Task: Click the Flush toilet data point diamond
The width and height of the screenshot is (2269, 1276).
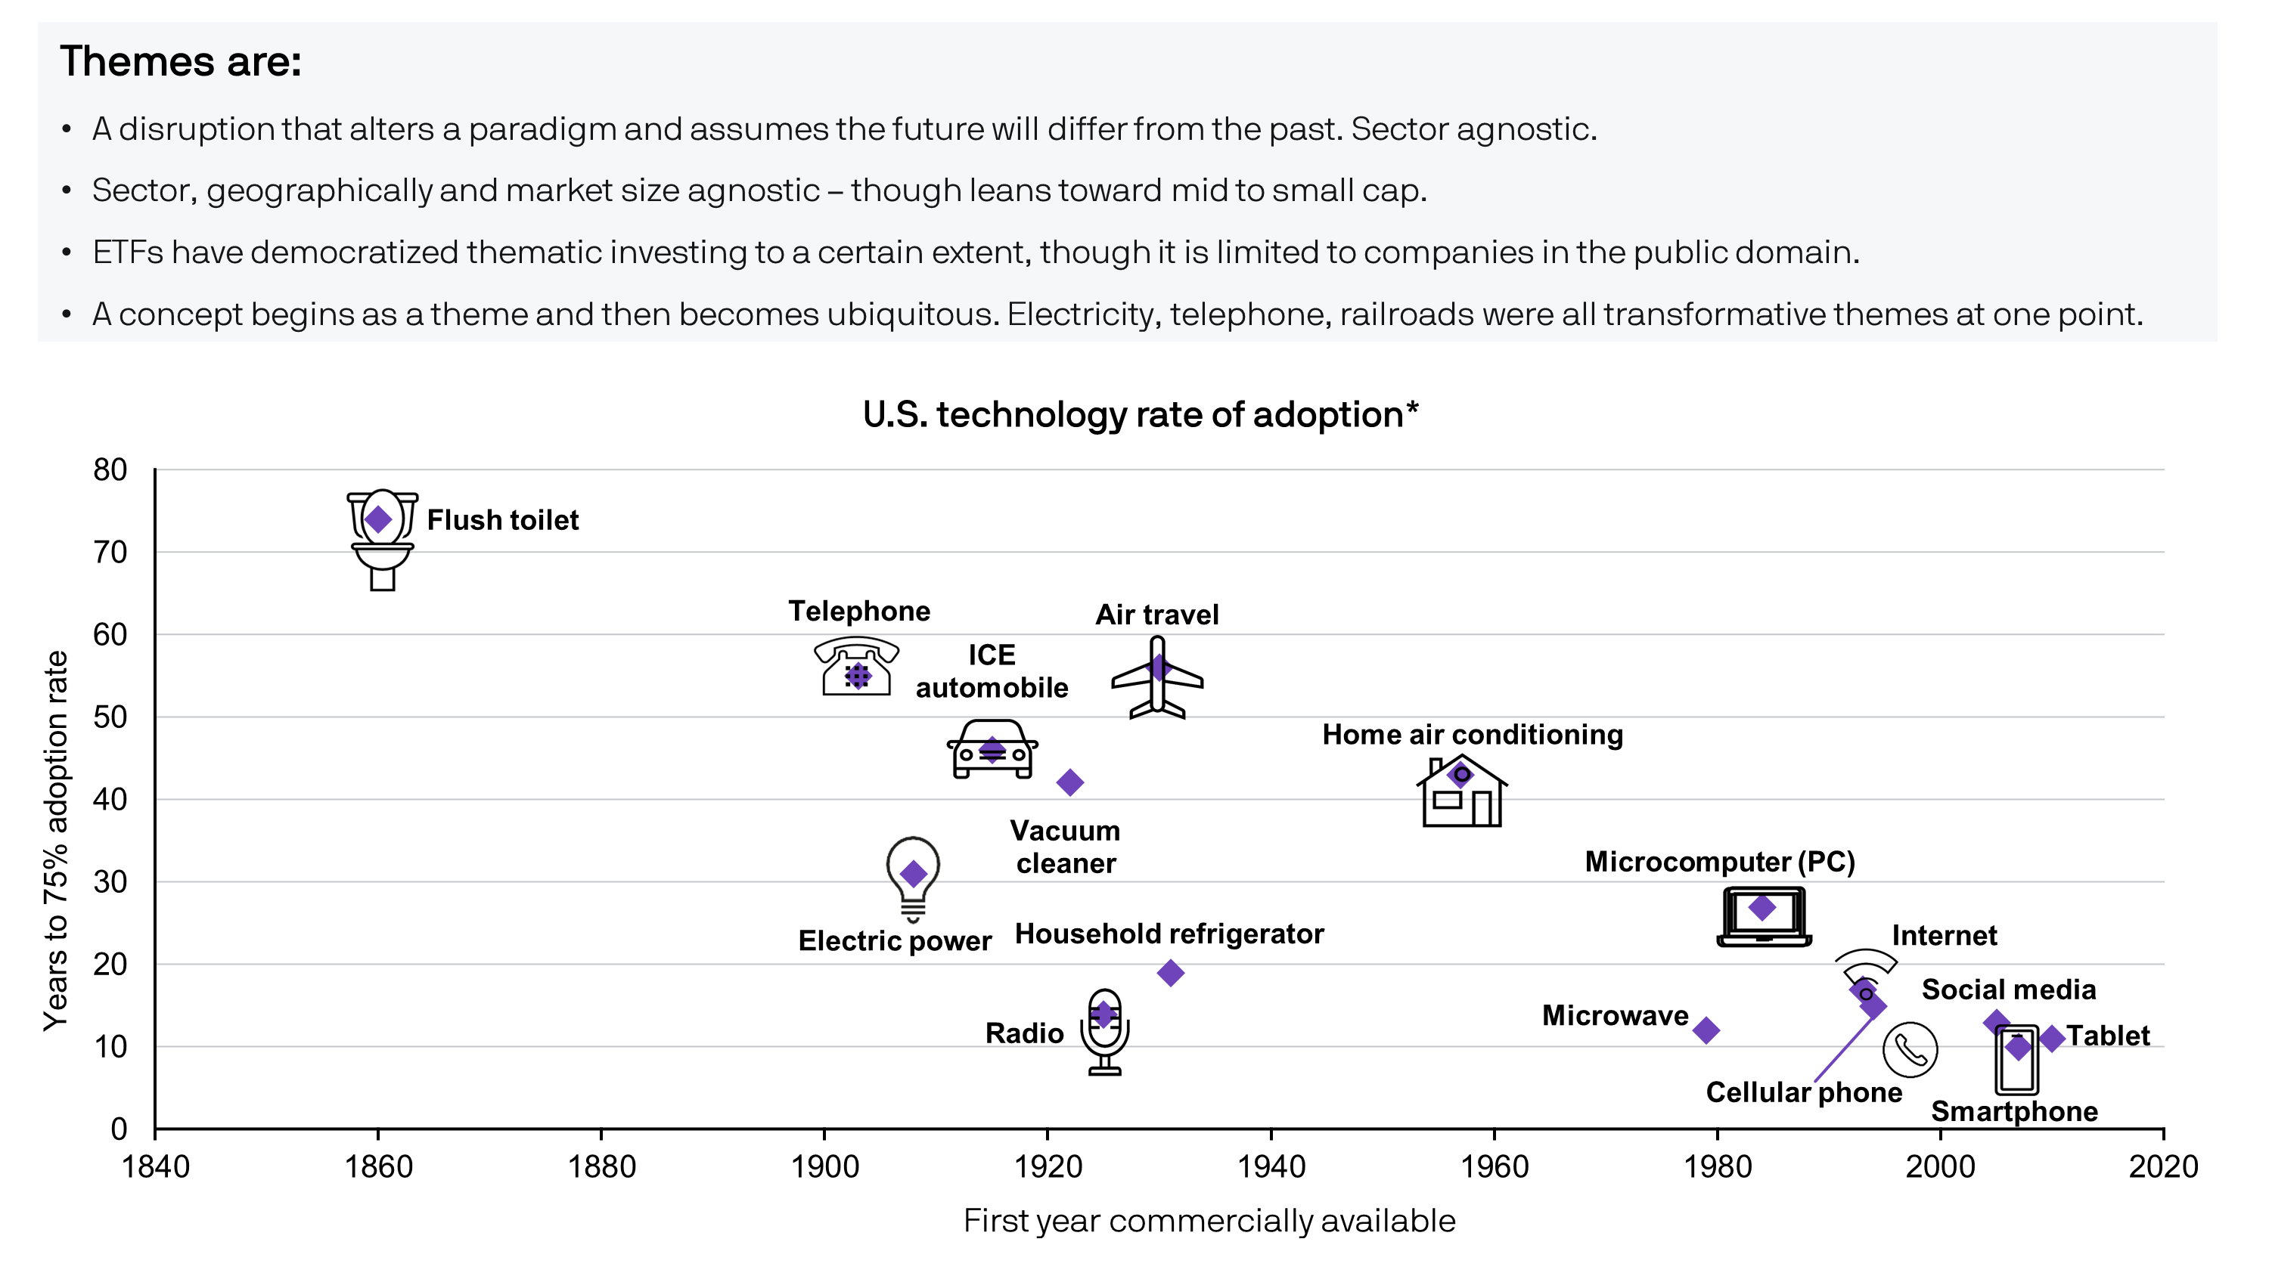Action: pos(378,519)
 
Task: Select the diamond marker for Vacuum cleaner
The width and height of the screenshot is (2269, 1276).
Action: pos(1069,782)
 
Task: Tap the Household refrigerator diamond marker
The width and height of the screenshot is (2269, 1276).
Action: pos(1170,973)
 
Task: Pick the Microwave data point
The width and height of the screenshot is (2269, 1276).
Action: pos(1706,1030)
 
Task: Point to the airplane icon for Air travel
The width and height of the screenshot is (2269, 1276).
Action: pos(1156,678)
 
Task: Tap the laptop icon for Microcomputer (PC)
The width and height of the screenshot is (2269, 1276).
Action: pos(1764,917)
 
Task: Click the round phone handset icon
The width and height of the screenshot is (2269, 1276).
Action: pos(1910,1050)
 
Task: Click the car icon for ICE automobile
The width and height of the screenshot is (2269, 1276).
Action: pos(992,751)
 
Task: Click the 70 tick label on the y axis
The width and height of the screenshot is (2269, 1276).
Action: pos(110,552)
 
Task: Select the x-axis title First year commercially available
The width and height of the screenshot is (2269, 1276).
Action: pos(1209,1222)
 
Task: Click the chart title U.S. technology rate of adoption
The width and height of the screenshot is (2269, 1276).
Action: pos(1140,415)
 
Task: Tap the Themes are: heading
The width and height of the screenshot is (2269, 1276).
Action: pos(181,62)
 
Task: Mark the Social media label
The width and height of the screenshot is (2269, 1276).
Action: pos(2008,990)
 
